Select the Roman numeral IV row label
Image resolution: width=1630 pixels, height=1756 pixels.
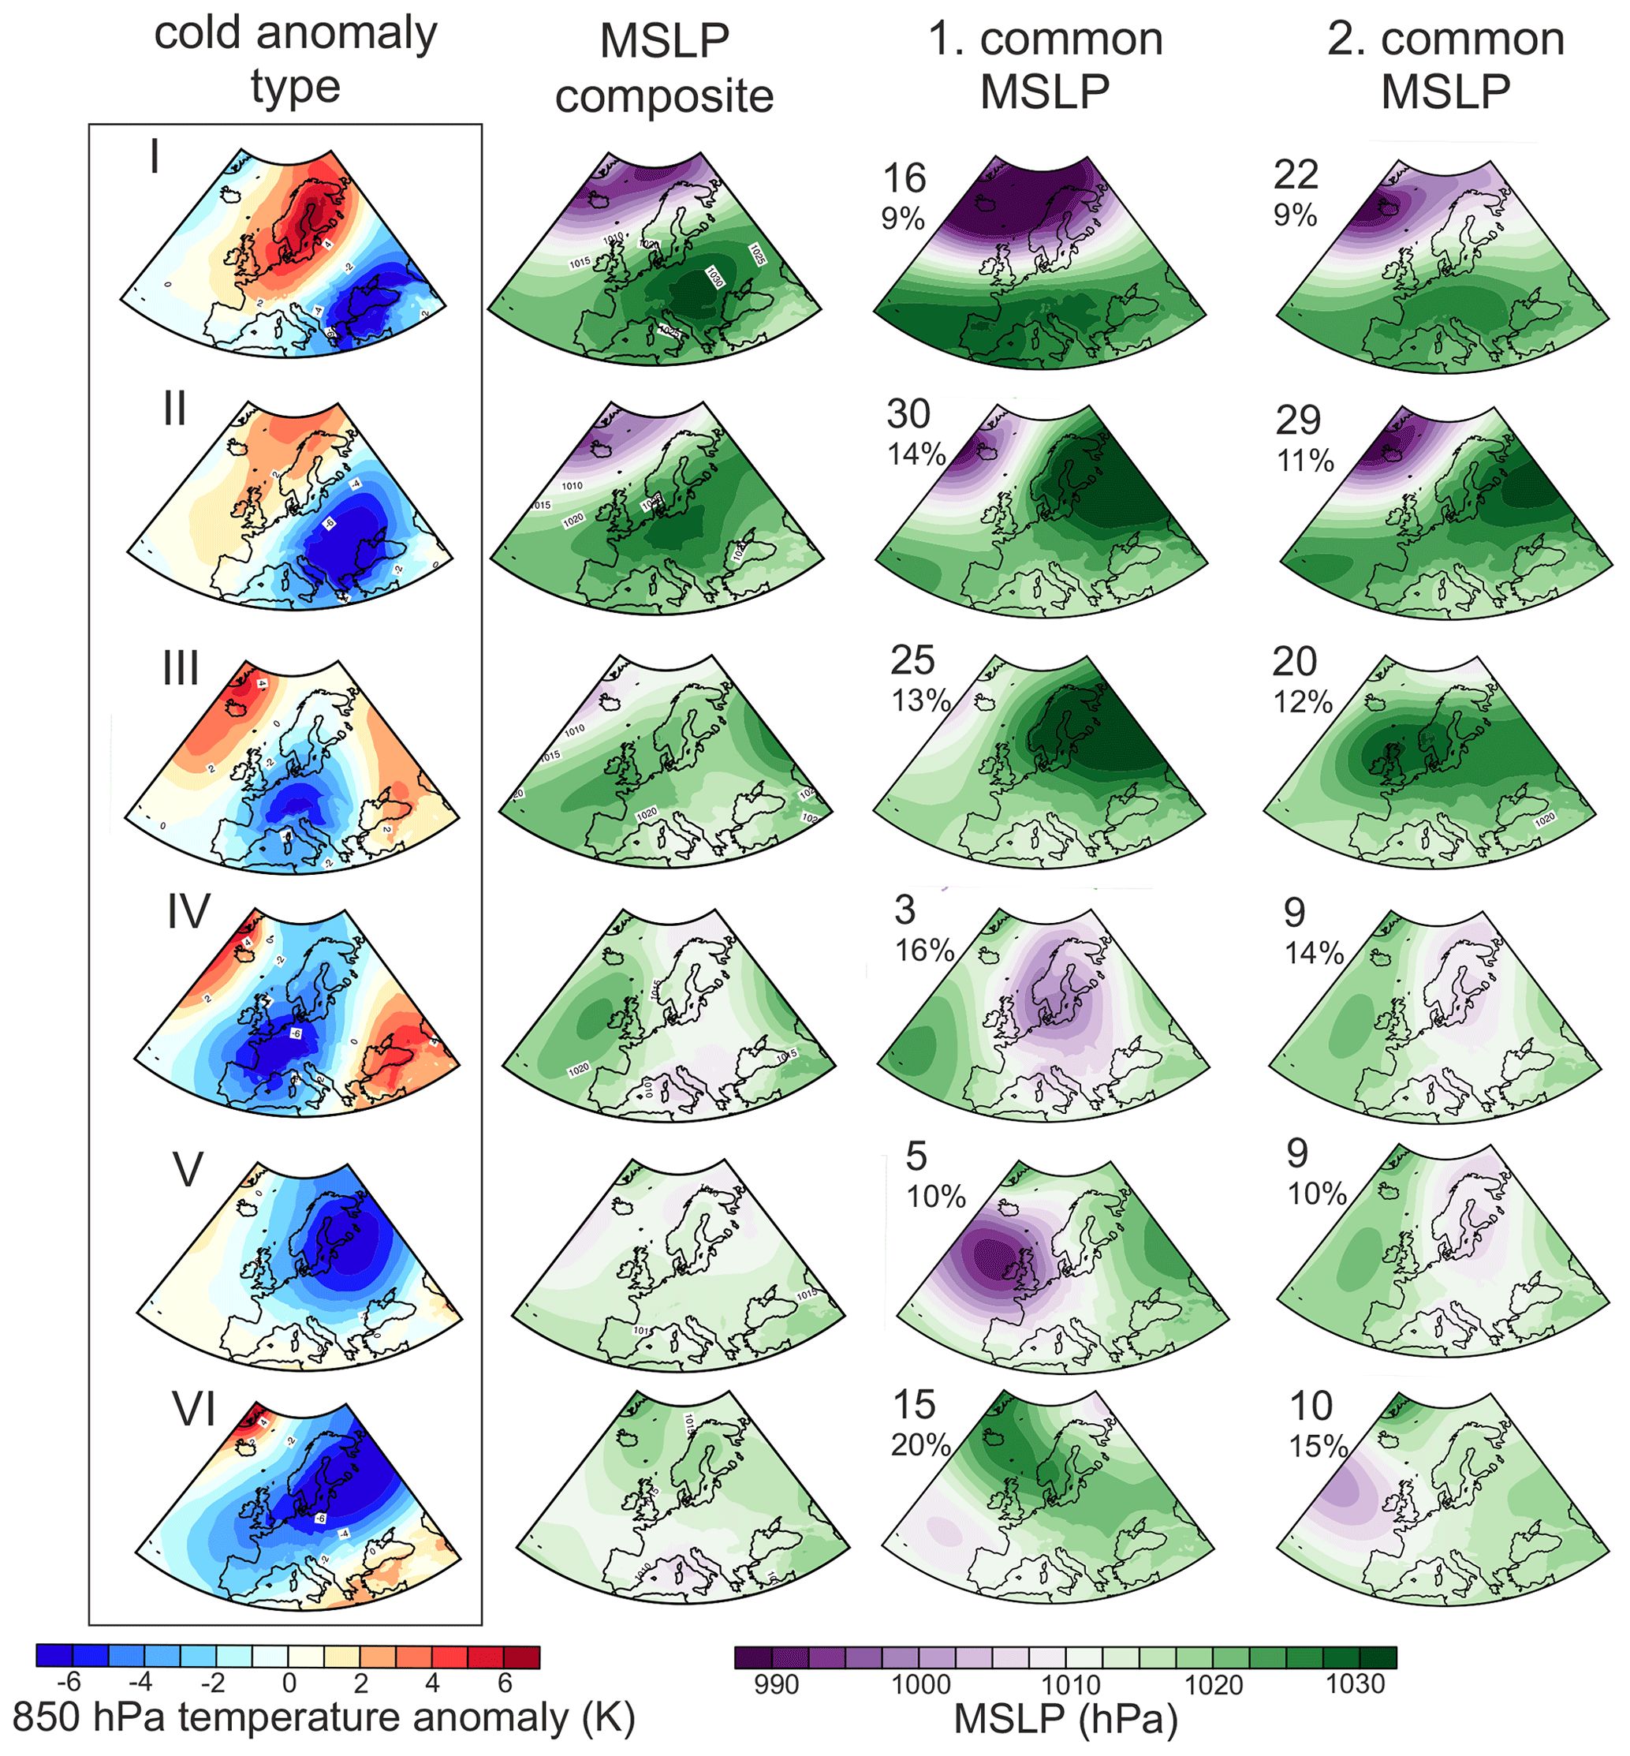pyautogui.click(x=188, y=912)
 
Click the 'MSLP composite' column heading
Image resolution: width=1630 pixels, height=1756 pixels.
pyautogui.click(x=664, y=69)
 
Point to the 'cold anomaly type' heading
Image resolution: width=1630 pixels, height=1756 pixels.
pyautogui.click(x=296, y=60)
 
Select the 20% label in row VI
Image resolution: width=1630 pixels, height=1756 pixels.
pyautogui.click(x=920, y=1445)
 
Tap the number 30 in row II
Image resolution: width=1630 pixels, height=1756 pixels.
pyautogui.click(x=908, y=414)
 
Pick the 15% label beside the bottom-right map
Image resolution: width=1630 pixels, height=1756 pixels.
pyautogui.click(x=1319, y=1447)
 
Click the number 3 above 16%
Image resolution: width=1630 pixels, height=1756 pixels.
pyautogui.click(x=905, y=910)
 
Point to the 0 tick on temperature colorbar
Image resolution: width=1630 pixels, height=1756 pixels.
pyautogui.click(x=289, y=1683)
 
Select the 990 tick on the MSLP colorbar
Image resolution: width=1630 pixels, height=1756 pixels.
pyautogui.click(x=776, y=1684)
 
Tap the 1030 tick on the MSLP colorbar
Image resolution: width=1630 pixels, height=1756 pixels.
pyautogui.click(x=1356, y=1684)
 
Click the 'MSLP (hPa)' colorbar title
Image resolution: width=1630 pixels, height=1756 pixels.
pyautogui.click(x=1065, y=1720)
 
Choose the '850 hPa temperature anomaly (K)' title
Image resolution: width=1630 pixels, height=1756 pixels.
pyautogui.click(x=323, y=1718)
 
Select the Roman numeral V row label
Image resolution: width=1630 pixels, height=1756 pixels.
pyautogui.click(x=187, y=1170)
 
